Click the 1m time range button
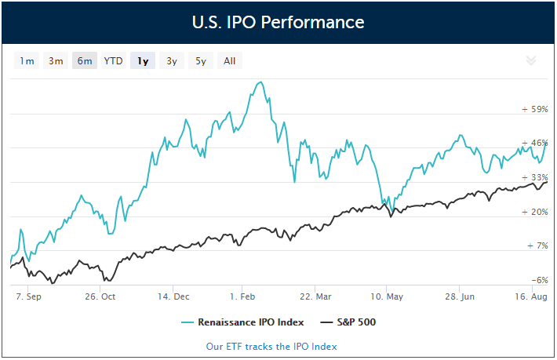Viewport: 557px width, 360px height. point(27,61)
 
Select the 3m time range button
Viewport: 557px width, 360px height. point(56,61)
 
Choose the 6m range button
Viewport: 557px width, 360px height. point(85,61)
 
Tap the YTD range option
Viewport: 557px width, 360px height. point(114,61)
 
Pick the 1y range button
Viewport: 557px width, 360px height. point(143,61)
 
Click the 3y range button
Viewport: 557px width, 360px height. point(171,61)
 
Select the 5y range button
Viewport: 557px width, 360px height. point(200,61)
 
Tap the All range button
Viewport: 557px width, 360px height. point(229,61)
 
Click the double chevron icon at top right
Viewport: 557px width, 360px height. point(530,60)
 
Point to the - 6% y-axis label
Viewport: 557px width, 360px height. point(537,280)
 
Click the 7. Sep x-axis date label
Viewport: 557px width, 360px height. point(28,297)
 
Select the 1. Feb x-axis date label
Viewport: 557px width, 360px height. point(242,297)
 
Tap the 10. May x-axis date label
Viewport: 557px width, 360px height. point(387,297)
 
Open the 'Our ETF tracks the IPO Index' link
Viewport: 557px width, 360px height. point(271,346)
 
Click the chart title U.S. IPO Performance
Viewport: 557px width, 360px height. point(278,22)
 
